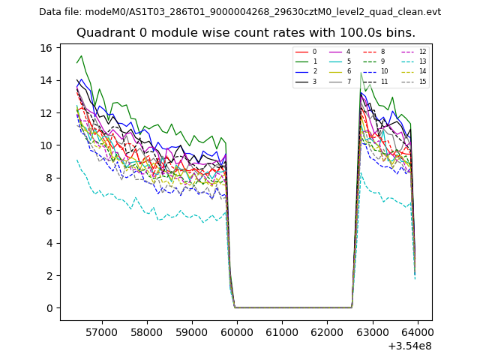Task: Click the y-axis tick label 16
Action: (x=46, y=48)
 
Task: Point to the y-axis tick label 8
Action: (x=49, y=178)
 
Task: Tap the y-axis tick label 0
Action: (x=49, y=308)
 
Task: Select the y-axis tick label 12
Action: (x=46, y=113)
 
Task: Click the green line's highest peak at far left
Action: (x=82, y=55)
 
